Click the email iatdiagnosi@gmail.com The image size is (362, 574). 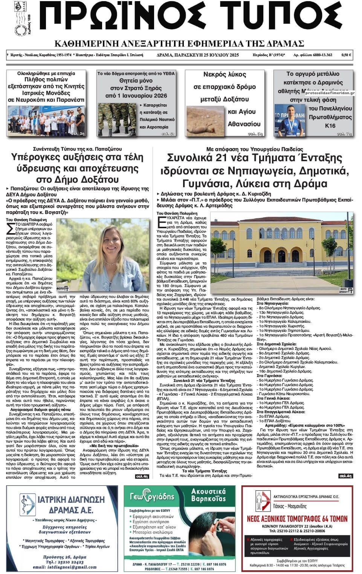pyautogui.click(x=65, y=566)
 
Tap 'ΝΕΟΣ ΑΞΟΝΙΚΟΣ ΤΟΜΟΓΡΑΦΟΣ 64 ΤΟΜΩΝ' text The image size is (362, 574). pyautogui.click(x=297, y=519)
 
